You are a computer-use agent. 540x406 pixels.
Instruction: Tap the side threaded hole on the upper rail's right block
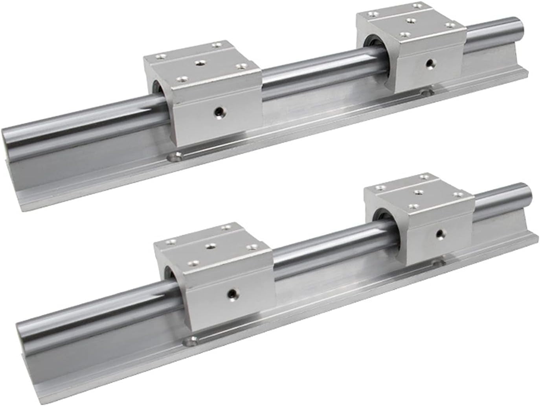pos(431,62)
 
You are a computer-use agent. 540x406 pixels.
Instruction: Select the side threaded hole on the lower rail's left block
pos(232,292)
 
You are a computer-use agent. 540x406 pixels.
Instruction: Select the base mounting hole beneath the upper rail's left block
pos(174,157)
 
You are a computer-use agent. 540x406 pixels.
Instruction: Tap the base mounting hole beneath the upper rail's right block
pos(425,93)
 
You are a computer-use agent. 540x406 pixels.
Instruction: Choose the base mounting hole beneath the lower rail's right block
pos(436,262)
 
